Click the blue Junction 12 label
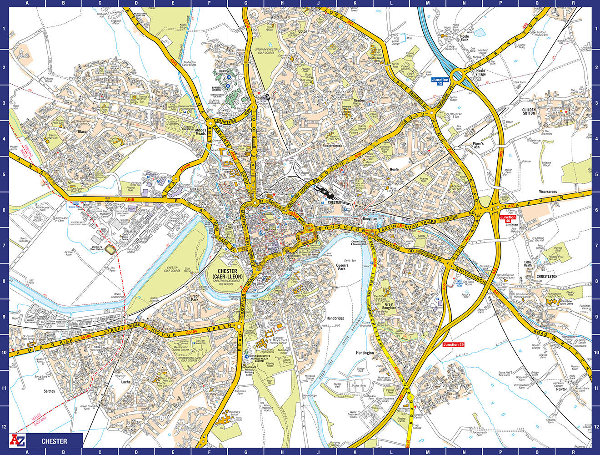click(x=440, y=82)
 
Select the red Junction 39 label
click(x=453, y=344)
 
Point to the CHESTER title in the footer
click(x=54, y=441)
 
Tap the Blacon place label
click(x=83, y=132)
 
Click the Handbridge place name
click(x=335, y=318)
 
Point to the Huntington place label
click(x=365, y=353)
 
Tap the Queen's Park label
click(x=341, y=267)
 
